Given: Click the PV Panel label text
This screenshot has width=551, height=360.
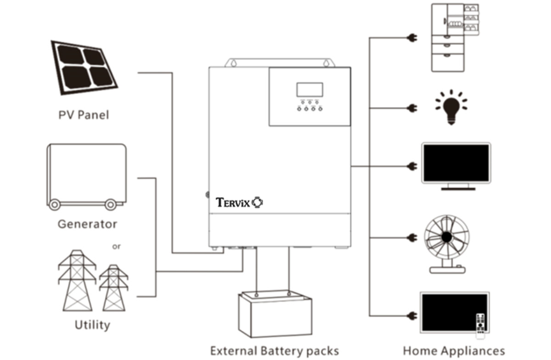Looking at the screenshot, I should (84, 114).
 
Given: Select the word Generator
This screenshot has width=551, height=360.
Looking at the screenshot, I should (87, 224).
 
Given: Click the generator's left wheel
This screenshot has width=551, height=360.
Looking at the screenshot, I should (55, 204).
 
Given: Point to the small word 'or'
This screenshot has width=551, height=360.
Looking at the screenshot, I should (117, 247).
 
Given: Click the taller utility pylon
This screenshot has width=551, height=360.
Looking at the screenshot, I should (77, 281).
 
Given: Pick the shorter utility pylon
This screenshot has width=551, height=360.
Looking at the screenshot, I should (113, 288).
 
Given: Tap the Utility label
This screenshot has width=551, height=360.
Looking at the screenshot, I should (92, 325).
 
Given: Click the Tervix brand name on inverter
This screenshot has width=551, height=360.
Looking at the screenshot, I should (234, 202).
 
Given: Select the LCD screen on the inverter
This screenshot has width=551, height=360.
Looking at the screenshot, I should (309, 90).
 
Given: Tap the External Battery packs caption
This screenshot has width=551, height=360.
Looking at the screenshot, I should (275, 351).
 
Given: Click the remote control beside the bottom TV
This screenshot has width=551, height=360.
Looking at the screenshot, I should (481, 326).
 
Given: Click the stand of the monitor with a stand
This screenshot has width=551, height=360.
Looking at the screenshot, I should (455, 186).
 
